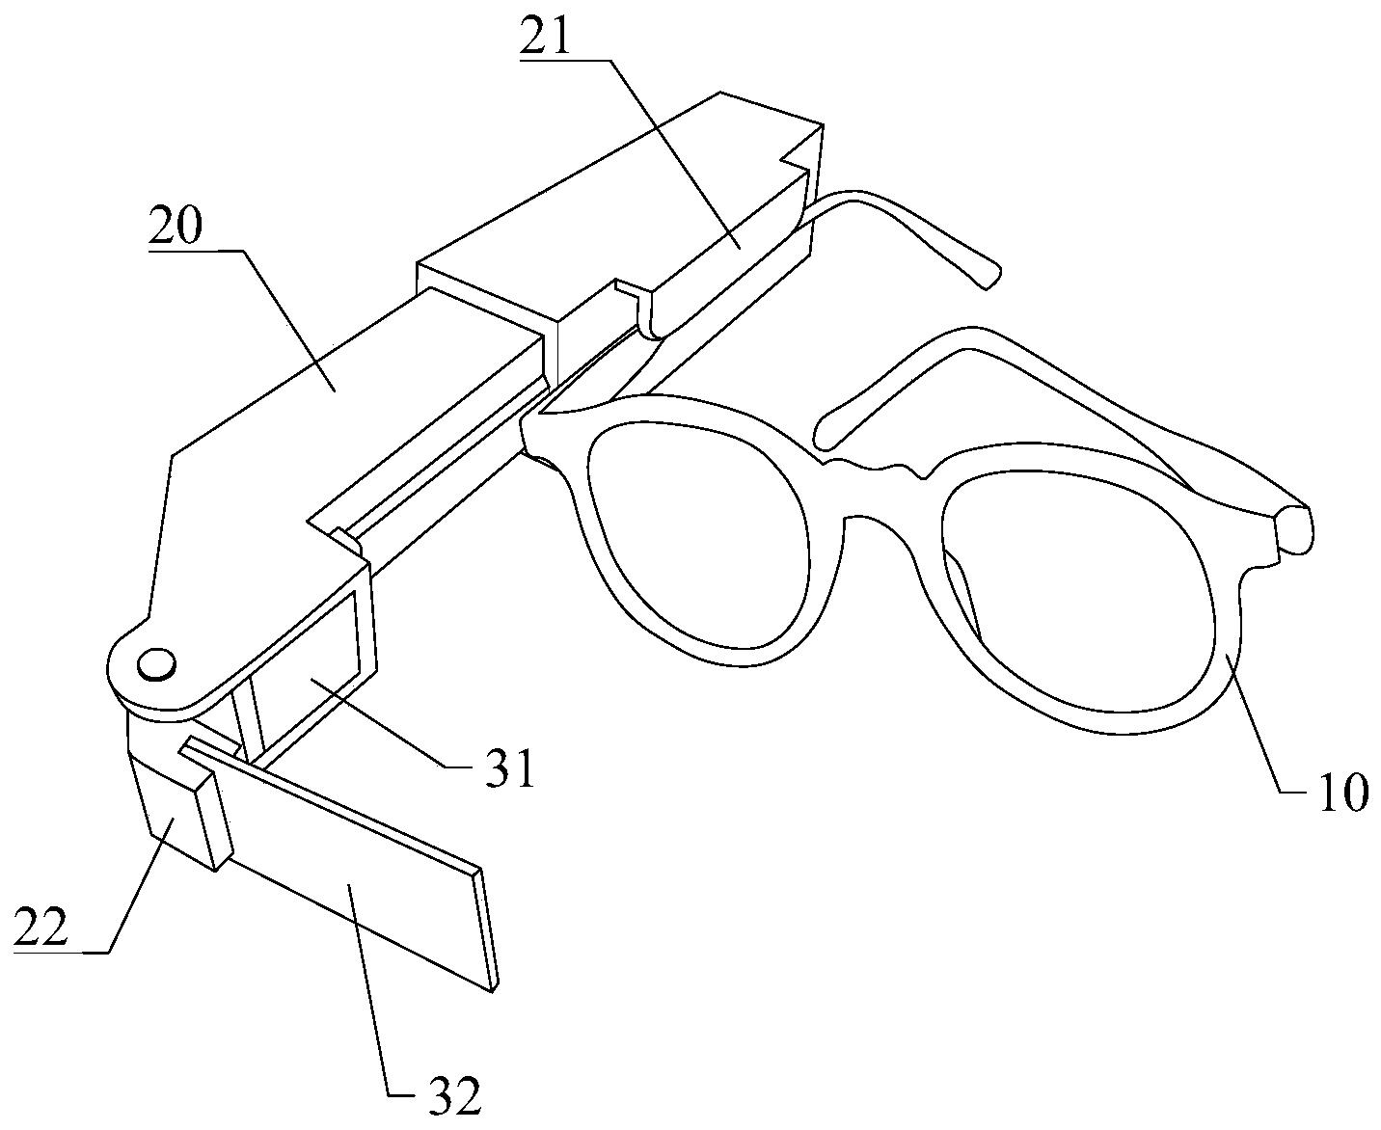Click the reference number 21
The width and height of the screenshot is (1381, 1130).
(x=547, y=37)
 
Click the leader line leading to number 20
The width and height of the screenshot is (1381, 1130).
(x=289, y=318)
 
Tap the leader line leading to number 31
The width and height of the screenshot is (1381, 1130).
(x=386, y=723)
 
